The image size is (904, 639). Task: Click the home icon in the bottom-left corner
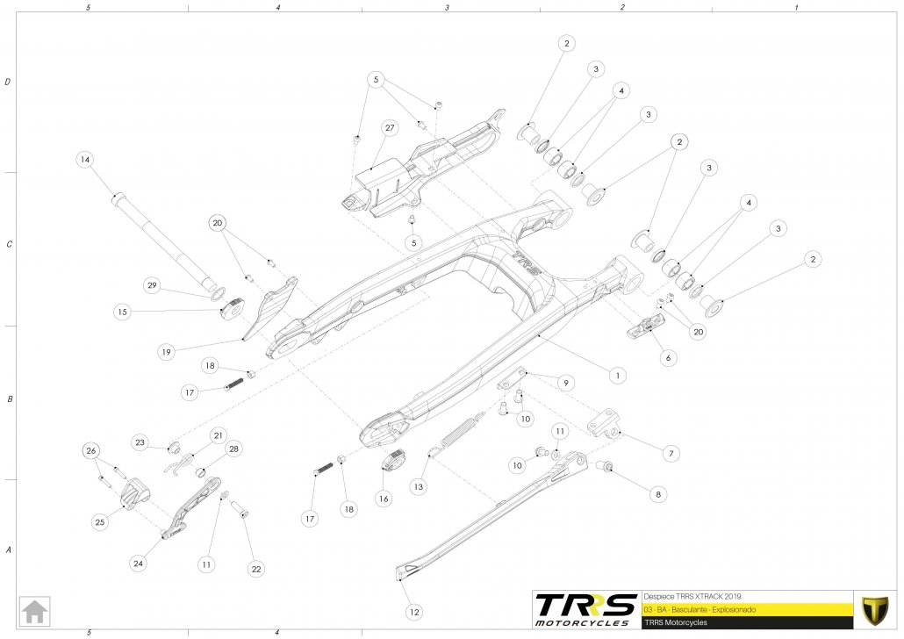point(35,609)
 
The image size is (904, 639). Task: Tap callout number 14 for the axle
point(84,160)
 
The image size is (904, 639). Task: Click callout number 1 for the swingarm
point(618,375)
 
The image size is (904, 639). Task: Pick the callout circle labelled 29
point(152,286)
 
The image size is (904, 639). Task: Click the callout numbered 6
point(667,359)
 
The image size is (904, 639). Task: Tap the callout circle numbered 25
point(99,521)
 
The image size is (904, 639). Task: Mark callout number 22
point(255,569)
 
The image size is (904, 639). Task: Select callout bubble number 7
point(670,453)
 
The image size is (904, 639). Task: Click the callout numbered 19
point(165,351)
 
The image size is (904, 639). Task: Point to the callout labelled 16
point(383,498)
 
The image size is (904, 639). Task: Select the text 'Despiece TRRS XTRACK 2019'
point(682,594)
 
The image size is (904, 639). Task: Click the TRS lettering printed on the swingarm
point(526,262)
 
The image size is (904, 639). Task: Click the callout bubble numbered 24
point(138,564)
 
